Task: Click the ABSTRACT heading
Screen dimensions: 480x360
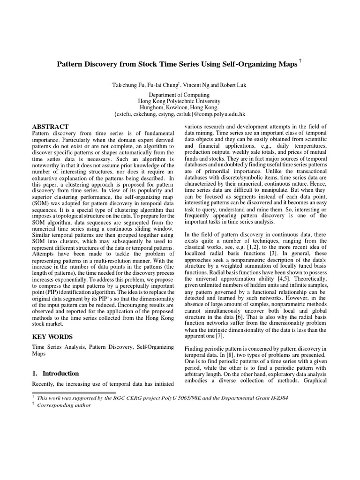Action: click(50, 127)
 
